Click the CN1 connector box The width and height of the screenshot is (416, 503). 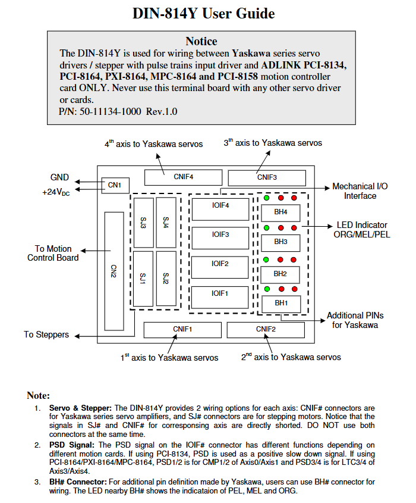click(x=115, y=185)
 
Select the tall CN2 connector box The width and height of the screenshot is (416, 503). click(x=114, y=271)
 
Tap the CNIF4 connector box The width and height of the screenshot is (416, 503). click(x=183, y=177)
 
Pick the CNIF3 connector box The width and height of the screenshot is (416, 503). click(x=267, y=178)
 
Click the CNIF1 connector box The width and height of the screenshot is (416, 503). click(x=182, y=330)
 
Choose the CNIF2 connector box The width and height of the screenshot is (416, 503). click(x=266, y=330)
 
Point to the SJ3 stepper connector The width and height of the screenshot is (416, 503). click(x=143, y=223)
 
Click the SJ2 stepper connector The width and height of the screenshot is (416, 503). click(x=166, y=279)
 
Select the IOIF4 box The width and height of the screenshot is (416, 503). click(x=220, y=209)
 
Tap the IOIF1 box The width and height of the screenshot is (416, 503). click(x=220, y=298)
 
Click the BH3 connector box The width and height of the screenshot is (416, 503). click(x=281, y=243)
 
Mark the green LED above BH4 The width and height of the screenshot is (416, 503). click(x=266, y=198)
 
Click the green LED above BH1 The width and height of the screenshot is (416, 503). click(x=267, y=289)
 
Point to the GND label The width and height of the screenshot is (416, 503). click(x=59, y=177)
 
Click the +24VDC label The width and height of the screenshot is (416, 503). click(x=56, y=192)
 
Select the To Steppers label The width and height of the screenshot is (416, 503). click(x=46, y=335)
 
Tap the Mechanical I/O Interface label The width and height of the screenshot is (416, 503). click(x=360, y=191)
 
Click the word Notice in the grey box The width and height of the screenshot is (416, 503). click(x=201, y=42)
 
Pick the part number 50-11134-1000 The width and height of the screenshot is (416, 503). click(x=111, y=112)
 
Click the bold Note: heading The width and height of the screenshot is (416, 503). click(x=39, y=395)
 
